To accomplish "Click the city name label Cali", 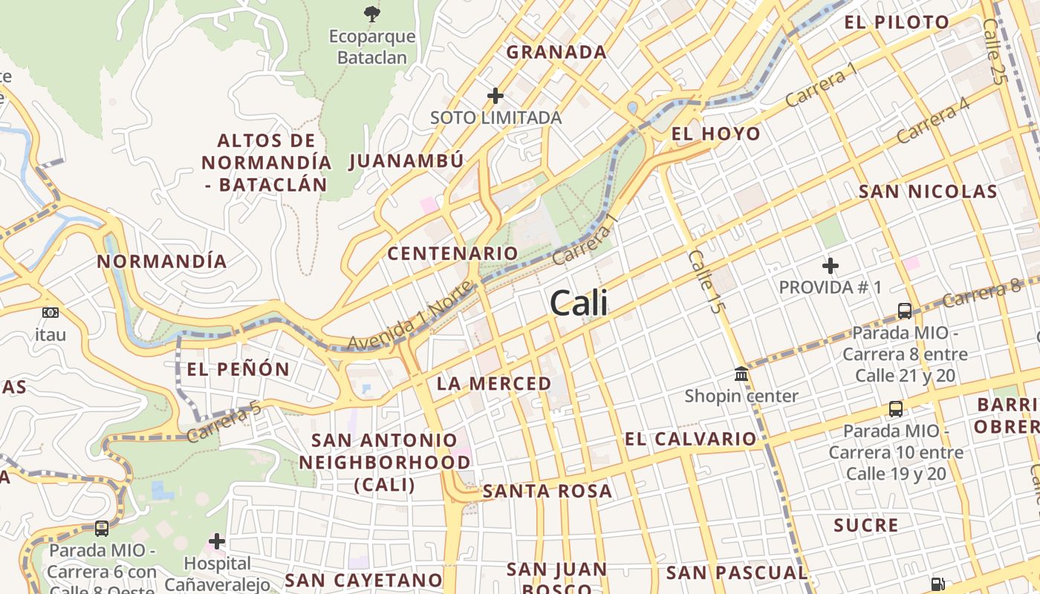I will [x=579, y=303].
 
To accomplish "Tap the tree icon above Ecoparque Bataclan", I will [x=371, y=13].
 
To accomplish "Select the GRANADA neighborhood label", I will [x=556, y=52].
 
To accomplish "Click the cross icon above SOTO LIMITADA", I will [x=495, y=96].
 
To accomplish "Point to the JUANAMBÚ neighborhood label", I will [x=406, y=161].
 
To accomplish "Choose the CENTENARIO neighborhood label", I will [x=452, y=253].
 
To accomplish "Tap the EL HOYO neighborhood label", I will [x=715, y=134].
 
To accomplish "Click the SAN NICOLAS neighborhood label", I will [x=928, y=192].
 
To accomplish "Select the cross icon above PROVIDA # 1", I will [x=831, y=265].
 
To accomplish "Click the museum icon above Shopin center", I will [x=741, y=373].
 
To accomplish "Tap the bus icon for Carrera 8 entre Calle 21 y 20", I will [x=905, y=310].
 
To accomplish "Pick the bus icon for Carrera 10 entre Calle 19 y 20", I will [x=896, y=408].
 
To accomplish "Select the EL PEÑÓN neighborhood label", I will [x=238, y=369].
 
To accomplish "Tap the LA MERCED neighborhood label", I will [x=494, y=384].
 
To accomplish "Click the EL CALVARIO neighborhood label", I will [x=690, y=439].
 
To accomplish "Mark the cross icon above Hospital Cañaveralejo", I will [x=217, y=541].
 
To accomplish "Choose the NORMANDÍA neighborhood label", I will [x=162, y=261].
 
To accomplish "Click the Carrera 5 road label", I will [x=224, y=422].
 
